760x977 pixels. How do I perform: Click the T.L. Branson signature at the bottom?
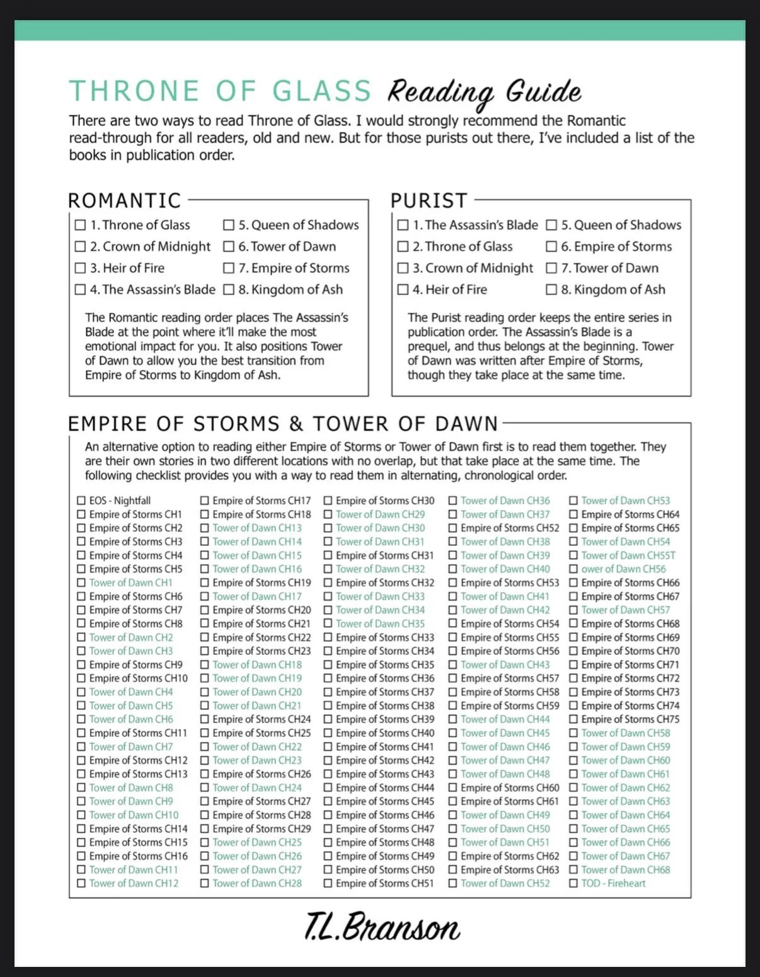pos(382,927)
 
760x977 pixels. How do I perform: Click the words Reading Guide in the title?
pos(483,92)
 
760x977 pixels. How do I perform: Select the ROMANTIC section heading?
pos(124,200)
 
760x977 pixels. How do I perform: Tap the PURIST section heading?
pos(429,200)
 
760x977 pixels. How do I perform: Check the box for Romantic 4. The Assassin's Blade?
pos(80,289)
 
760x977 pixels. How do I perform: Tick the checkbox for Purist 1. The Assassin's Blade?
pos(403,225)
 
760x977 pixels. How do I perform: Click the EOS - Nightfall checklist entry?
pos(120,500)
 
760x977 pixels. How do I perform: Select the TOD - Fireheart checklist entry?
pos(613,883)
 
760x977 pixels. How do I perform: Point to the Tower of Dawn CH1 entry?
pos(130,582)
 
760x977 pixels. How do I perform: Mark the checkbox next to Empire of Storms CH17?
pos(205,500)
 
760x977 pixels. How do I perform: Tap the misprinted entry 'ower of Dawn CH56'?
pos(623,569)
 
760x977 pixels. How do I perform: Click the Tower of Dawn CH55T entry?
pos(628,555)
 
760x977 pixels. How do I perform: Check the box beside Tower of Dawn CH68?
pos(573,870)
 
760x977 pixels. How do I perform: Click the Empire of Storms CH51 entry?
pos(384,883)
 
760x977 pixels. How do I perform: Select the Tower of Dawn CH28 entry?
pos(257,883)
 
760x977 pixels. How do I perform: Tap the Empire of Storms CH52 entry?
pos(509,528)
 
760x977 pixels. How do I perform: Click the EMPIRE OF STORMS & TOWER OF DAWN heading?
pos(283,424)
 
